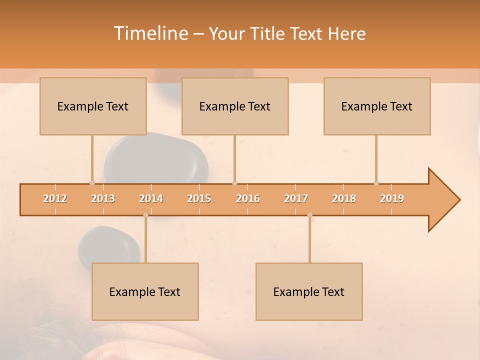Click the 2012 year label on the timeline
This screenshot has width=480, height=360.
click(55, 198)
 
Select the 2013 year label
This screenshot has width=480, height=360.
click(103, 198)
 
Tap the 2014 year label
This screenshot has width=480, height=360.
click(151, 198)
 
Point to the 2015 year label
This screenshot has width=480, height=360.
click(199, 198)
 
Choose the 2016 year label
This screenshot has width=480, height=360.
click(248, 198)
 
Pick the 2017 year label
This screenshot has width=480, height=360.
click(296, 198)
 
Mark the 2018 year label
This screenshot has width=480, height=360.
click(344, 198)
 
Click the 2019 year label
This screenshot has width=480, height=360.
click(392, 198)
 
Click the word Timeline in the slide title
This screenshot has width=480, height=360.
click(150, 33)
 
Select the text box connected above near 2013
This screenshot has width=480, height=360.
click(93, 106)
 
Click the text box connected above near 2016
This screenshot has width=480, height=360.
click(235, 106)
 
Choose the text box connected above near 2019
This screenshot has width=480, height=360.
click(377, 106)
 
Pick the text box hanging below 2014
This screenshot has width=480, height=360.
click(145, 291)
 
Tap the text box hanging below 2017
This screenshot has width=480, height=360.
click(309, 291)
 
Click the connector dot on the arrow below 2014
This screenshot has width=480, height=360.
click(145, 215)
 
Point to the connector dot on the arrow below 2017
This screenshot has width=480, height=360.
click(309, 215)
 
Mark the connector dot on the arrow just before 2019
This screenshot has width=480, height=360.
click(376, 183)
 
